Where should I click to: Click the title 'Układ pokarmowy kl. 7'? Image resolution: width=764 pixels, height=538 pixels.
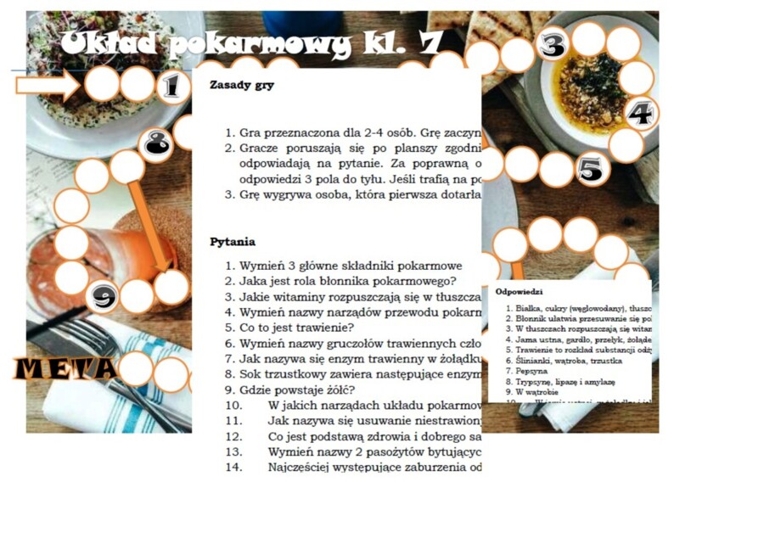[x=250, y=43]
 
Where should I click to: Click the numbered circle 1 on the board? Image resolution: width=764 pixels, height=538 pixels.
[x=172, y=86]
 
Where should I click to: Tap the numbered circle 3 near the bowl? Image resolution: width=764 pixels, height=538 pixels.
[x=553, y=46]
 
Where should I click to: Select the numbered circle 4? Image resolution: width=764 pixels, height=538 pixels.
[x=641, y=113]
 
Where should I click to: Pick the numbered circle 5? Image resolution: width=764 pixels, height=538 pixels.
[x=592, y=169]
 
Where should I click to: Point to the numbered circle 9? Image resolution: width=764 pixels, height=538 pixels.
[x=103, y=296]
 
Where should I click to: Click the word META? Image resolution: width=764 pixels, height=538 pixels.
[x=65, y=368]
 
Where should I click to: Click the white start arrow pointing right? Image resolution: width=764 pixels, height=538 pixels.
[x=47, y=85]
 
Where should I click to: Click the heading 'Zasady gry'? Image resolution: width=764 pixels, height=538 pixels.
[x=241, y=86]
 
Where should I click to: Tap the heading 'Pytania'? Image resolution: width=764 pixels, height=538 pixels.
[x=232, y=242]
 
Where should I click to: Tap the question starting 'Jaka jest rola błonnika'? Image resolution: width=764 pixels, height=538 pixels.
[x=347, y=281]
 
